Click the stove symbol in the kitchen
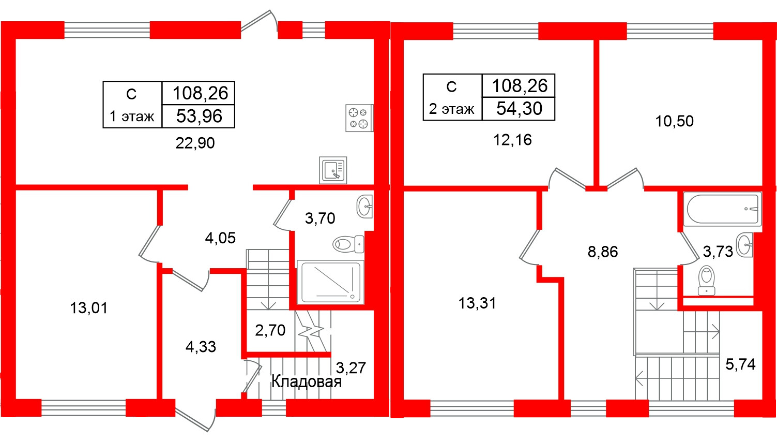(x=359, y=118)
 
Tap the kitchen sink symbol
(x=333, y=170)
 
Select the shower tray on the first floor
(x=330, y=282)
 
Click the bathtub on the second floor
(x=722, y=209)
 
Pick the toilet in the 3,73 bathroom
(x=706, y=281)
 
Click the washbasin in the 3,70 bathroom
(x=365, y=207)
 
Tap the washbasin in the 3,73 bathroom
(x=744, y=245)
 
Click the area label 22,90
(x=195, y=143)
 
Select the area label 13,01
(x=89, y=308)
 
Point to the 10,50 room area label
(x=674, y=121)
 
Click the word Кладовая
(x=306, y=382)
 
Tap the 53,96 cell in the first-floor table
(x=199, y=116)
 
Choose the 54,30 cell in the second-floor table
(x=519, y=109)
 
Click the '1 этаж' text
(x=132, y=116)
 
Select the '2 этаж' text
(x=452, y=109)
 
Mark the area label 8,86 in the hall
(x=603, y=252)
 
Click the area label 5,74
(x=740, y=364)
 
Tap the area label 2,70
(x=270, y=330)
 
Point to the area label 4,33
(x=201, y=347)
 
